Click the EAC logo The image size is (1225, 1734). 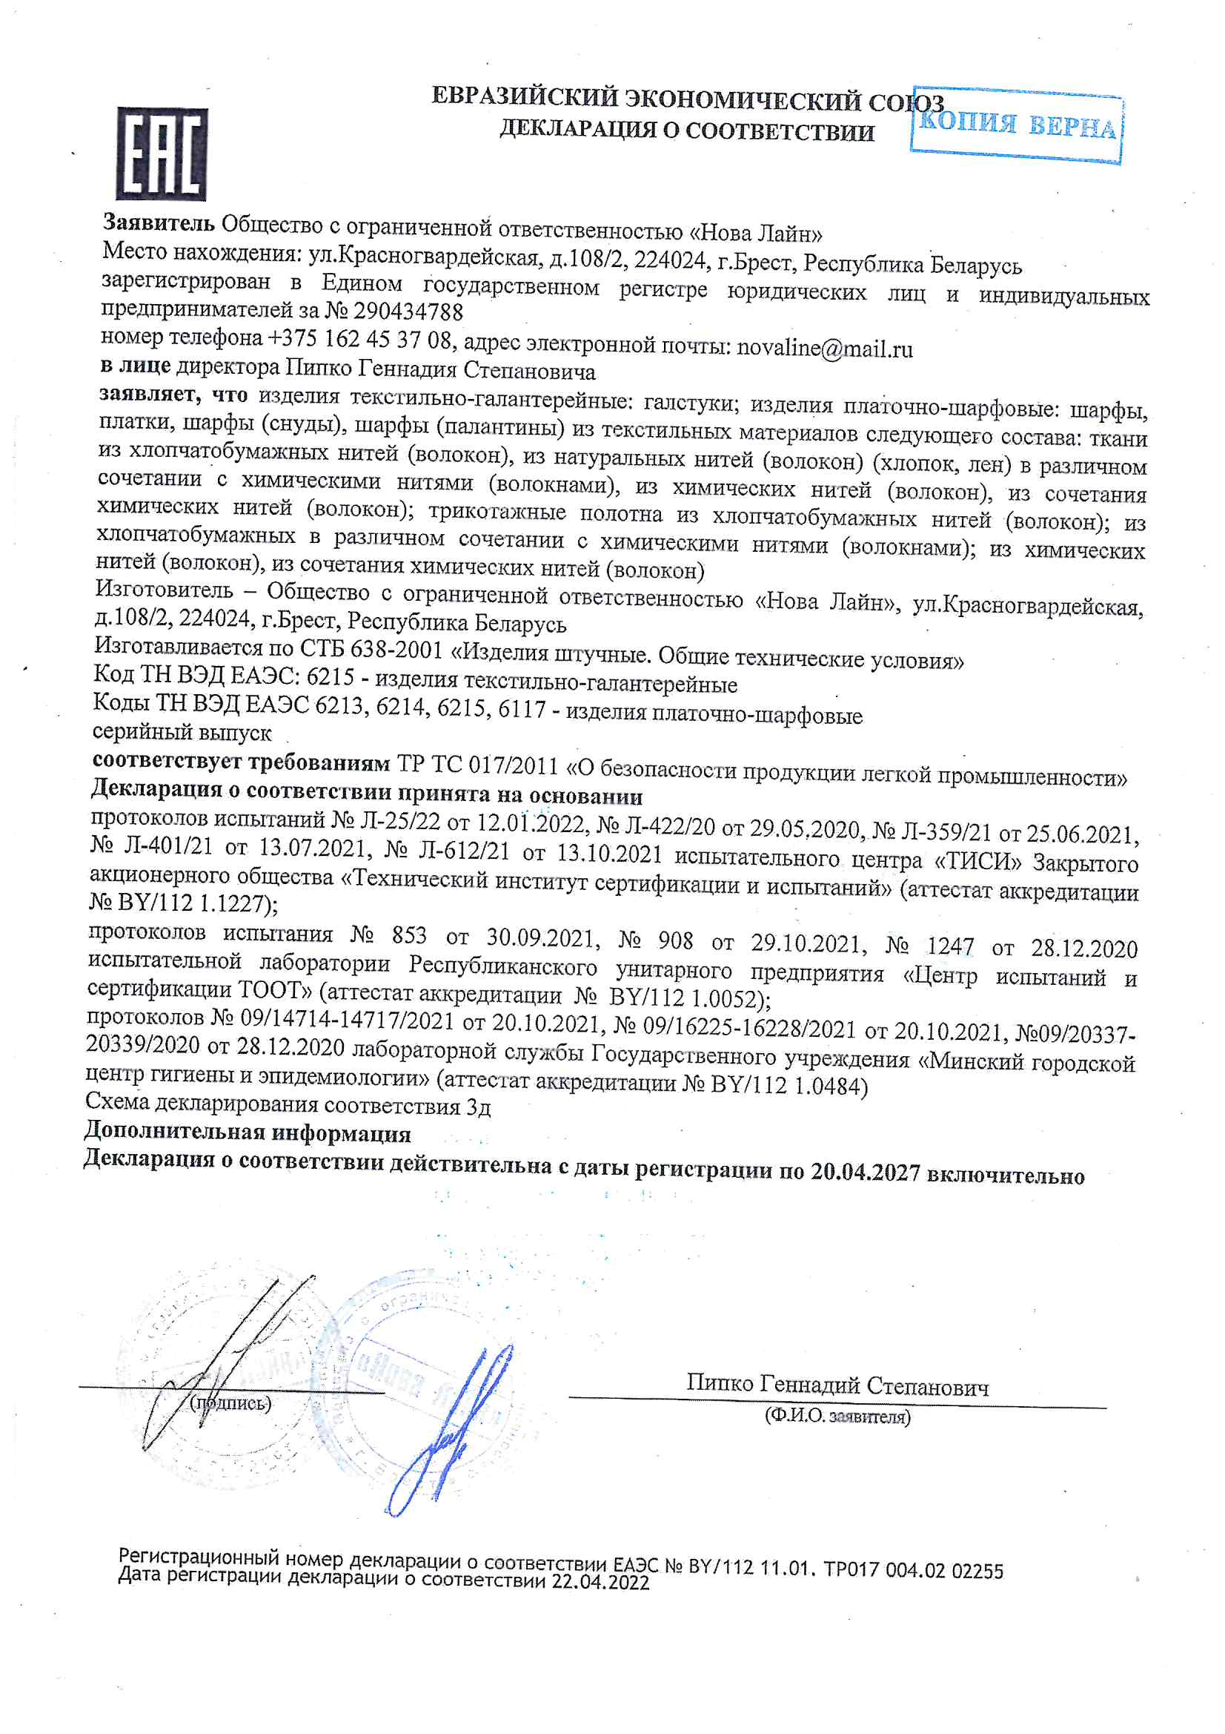(x=162, y=154)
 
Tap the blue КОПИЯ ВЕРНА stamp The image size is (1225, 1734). (x=1017, y=125)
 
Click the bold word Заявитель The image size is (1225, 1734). (x=159, y=222)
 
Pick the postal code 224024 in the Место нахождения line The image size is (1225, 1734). (x=669, y=260)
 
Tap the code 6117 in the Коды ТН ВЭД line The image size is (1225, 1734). (x=522, y=709)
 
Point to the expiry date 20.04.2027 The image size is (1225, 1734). (x=865, y=1172)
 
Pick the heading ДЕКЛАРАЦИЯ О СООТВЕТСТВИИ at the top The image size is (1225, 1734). (x=686, y=130)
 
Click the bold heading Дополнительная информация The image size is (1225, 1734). (x=248, y=1133)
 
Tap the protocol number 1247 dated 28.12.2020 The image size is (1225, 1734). (x=949, y=946)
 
